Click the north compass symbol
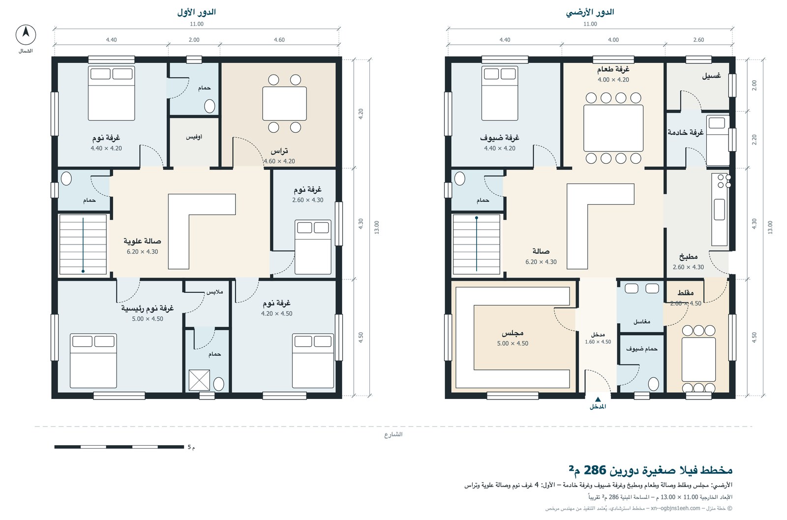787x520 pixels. coord(26,34)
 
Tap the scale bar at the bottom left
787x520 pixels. coord(119,447)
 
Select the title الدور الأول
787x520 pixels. coord(196,12)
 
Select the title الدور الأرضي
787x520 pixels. coord(590,12)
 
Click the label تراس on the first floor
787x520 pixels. coord(279,151)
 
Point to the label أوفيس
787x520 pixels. coord(194,137)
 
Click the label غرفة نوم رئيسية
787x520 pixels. coord(148,308)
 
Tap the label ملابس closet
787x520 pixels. coord(214,292)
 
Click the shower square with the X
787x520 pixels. coord(199,380)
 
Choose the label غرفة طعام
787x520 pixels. coord(613,69)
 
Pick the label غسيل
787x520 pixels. coord(711,76)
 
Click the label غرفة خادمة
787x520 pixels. coord(686,132)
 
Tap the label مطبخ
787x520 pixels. coord(688,257)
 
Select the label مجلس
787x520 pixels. coord(513,333)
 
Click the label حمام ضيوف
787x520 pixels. coord(641,349)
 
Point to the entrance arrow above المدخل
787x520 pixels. coord(598,399)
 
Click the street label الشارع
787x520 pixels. coord(393,434)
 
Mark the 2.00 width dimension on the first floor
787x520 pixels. coord(194,40)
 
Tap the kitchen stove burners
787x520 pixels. coord(725,181)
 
